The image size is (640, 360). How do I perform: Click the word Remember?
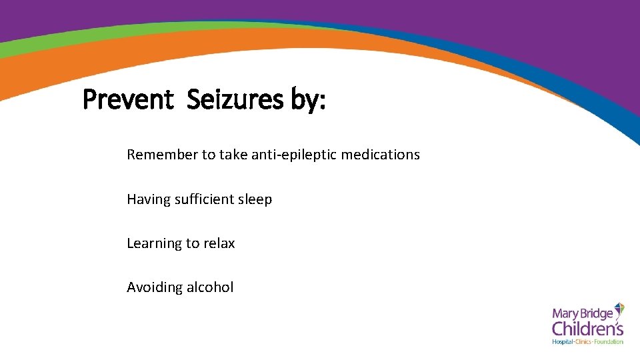(163, 155)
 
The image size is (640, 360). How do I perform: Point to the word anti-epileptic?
(294, 155)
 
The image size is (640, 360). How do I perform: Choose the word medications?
(381, 155)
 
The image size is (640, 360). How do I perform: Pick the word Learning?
(154, 244)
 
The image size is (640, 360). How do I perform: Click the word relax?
(219, 243)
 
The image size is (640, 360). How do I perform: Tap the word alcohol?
(210, 287)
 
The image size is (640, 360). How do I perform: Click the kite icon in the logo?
(618, 310)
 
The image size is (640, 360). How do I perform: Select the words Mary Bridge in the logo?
(581, 313)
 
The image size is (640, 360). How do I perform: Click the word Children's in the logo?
(587, 328)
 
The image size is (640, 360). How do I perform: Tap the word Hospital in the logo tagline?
(563, 342)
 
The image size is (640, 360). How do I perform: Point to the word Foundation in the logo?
(609, 342)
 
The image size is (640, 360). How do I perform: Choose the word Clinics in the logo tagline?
(584, 342)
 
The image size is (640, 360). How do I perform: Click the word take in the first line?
(233, 155)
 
